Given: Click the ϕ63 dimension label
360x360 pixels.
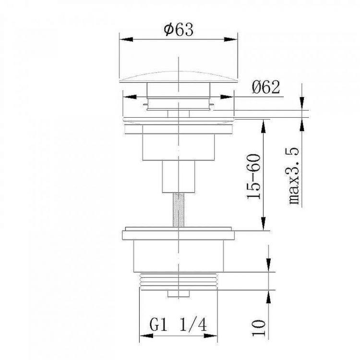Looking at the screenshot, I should coord(178,30).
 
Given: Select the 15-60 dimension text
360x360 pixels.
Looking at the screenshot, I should coord(254,176).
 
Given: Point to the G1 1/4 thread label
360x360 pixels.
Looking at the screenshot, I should coord(177,325).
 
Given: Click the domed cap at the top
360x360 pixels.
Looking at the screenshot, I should coord(178,77).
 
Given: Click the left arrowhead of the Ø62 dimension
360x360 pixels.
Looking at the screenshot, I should coord(126,97).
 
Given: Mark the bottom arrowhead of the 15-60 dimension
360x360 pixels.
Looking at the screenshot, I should coord(263,227).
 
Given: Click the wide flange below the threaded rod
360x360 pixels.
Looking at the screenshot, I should coord(178,235).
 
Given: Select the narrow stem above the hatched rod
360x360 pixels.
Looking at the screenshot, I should coord(178,176).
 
